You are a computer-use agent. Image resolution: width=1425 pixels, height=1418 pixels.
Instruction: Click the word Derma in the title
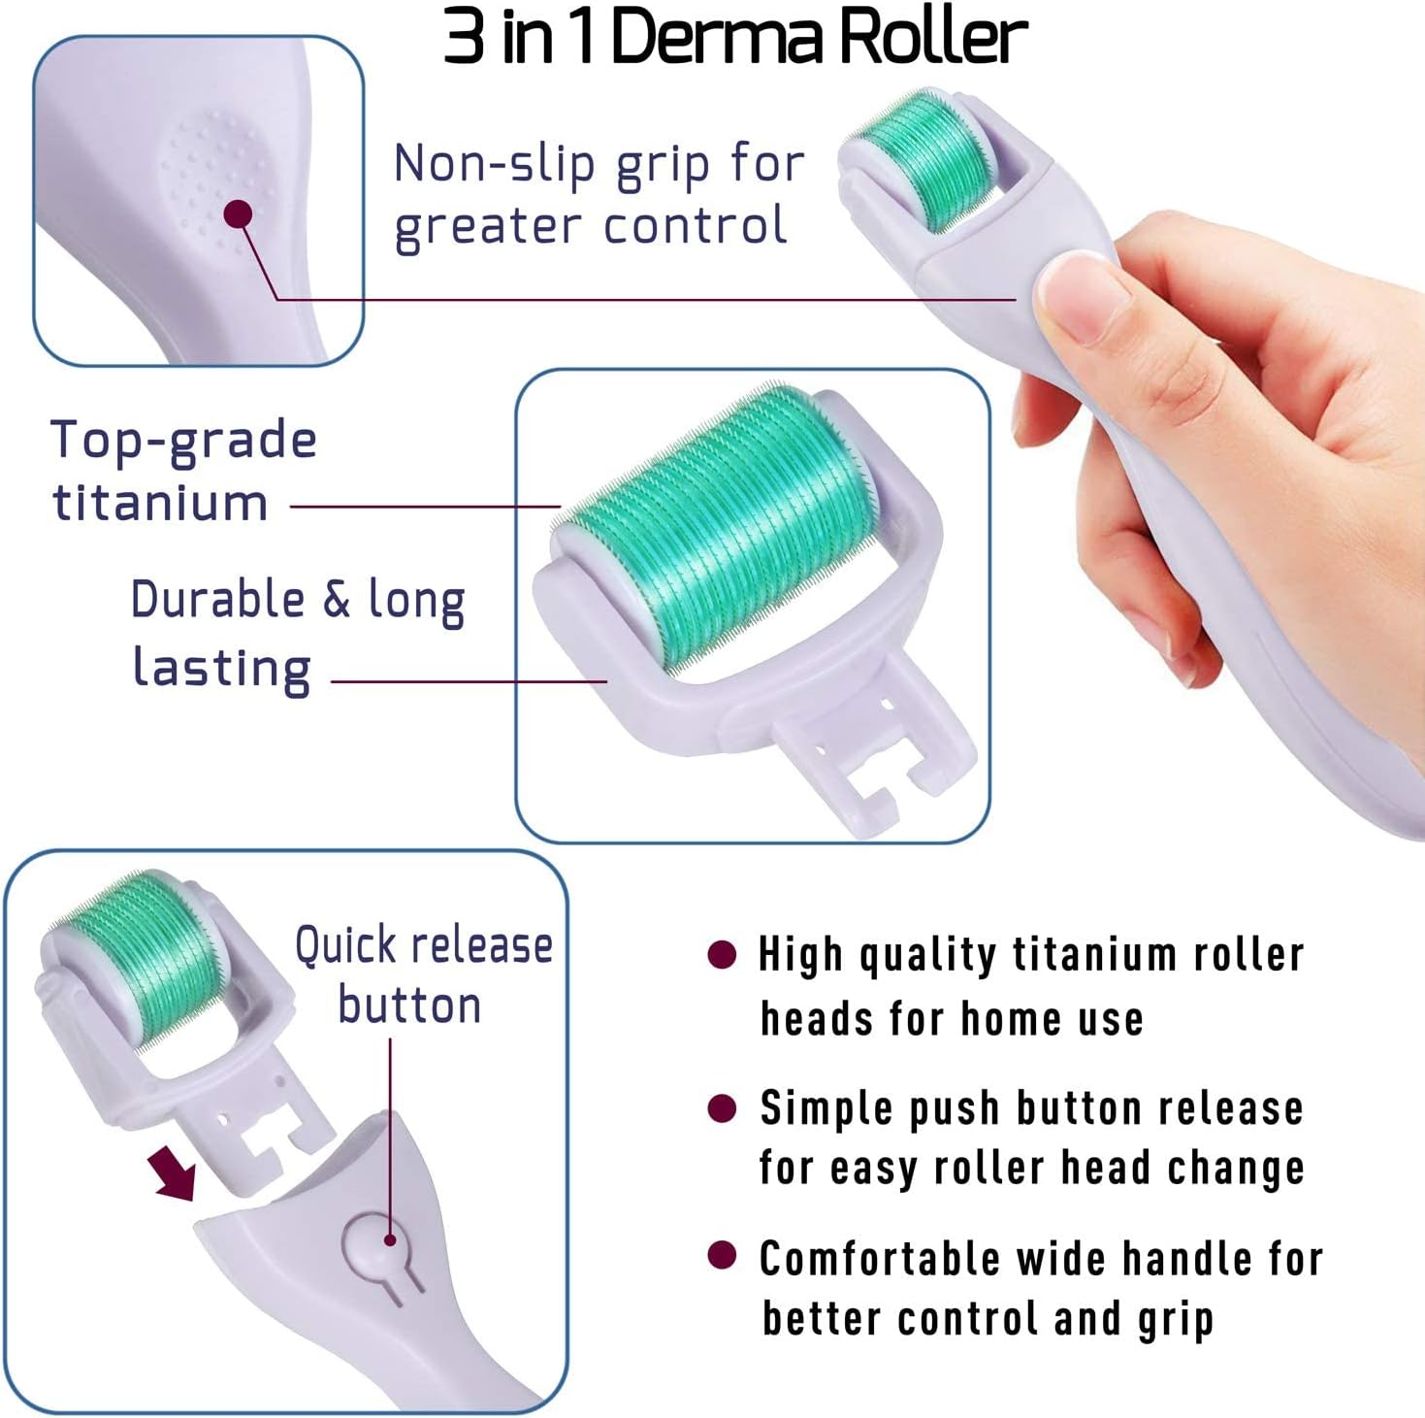716,37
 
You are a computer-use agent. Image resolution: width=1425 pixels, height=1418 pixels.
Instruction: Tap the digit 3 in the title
464,37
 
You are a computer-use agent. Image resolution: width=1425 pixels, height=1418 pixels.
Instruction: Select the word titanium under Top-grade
160,503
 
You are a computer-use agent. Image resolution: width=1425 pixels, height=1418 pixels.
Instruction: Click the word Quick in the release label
345,946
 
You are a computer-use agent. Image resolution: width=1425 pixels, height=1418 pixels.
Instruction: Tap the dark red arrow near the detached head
173,1172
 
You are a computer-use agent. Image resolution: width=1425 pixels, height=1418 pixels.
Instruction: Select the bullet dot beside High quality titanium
721,955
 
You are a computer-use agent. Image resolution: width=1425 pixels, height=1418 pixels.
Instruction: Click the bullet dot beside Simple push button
721,1107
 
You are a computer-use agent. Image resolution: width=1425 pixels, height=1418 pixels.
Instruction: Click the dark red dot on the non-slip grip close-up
239,214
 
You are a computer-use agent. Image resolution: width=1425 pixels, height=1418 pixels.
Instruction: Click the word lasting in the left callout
221,668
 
